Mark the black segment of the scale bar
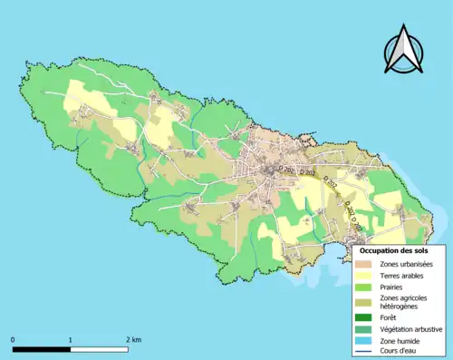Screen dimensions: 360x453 [x=42, y=348]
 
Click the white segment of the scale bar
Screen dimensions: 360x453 [x=100, y=348]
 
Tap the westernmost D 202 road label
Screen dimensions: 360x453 [x=286, y=169]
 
